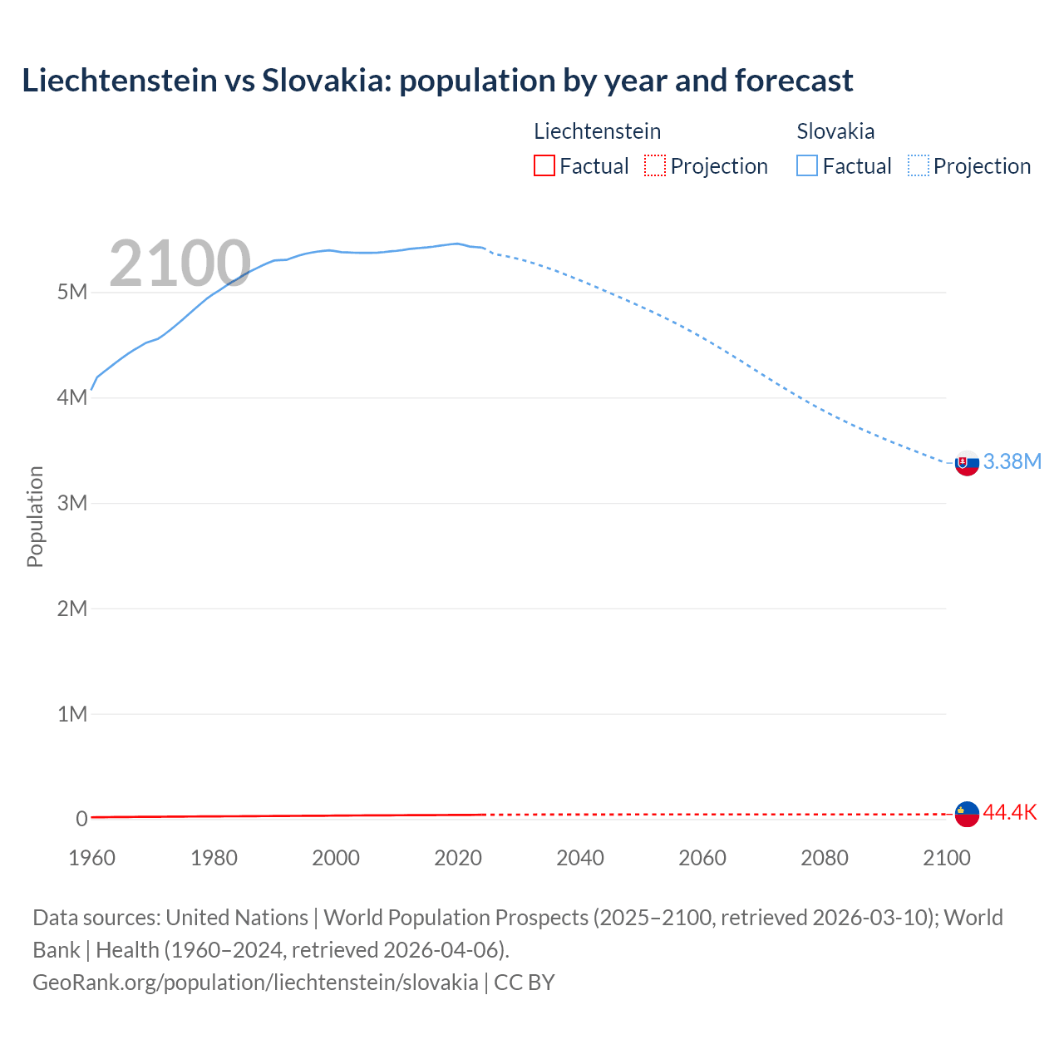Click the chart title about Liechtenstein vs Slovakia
[437, 81]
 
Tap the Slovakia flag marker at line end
[967, 463]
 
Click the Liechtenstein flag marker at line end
[967, 814]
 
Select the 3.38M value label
[1012, 462]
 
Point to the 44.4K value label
[1010, 813]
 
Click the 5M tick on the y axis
[72, 293]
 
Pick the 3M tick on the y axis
[72, 503]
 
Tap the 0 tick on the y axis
[81, 819]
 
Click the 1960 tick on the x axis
[91, 858]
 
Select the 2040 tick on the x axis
[580, 858]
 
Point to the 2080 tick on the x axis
[825, 858]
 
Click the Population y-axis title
[35, 516]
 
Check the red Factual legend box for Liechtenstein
[544, 165]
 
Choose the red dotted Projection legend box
[655, 165]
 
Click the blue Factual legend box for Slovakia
[807, 165]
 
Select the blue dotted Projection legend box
[919, 165]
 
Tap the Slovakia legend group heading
[835, 131]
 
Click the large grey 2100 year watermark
[180, 264]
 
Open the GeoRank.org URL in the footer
[255, 983]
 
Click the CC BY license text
[525, 983]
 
